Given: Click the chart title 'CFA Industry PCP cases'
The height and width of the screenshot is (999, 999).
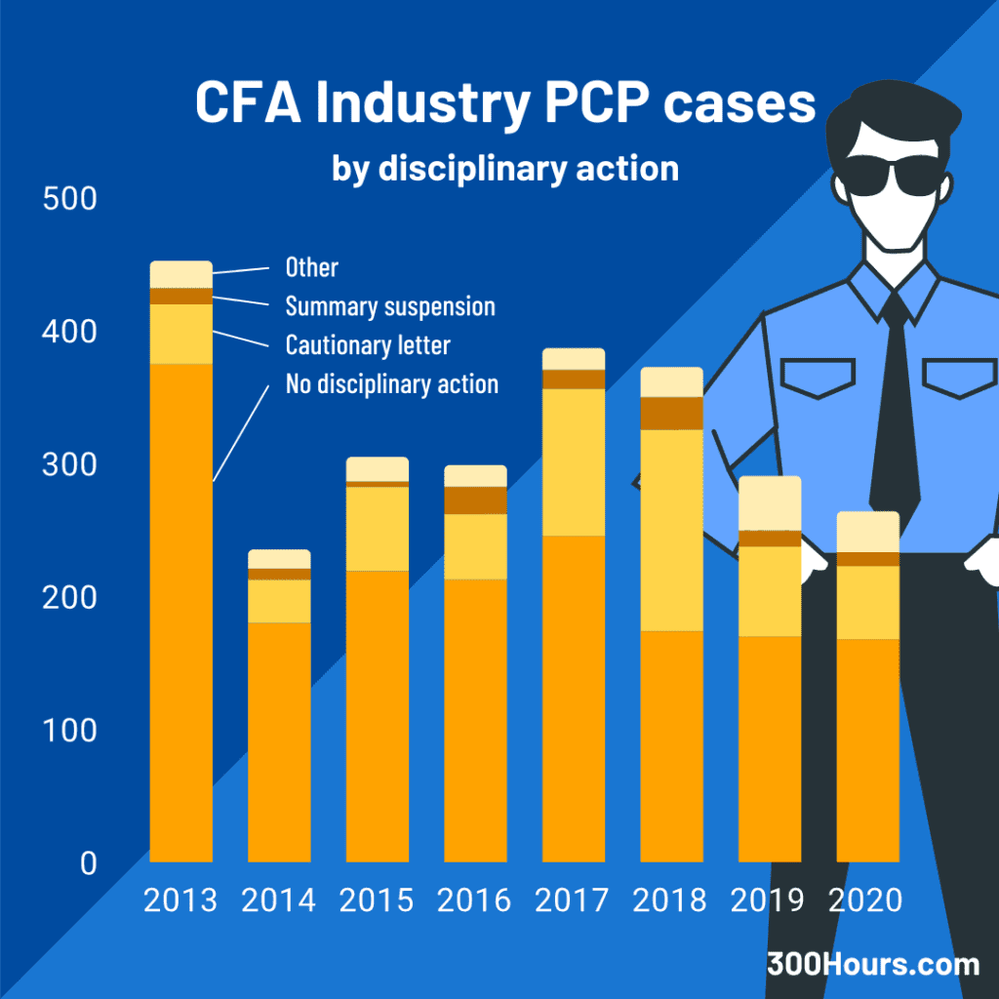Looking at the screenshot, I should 504,103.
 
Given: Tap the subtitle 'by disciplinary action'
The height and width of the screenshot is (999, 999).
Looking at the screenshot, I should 504,169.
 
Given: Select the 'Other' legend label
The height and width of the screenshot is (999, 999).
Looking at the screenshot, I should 311,267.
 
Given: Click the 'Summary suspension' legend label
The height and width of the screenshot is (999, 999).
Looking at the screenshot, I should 390,306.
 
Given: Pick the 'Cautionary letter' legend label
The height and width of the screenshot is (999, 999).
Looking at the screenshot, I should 368,345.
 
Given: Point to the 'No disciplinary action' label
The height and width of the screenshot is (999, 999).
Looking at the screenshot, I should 391,384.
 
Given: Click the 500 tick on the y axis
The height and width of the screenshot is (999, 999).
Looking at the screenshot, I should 71,199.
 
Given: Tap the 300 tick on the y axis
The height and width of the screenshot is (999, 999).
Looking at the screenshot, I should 71,465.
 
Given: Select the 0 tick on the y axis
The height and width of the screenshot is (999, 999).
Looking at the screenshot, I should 88,863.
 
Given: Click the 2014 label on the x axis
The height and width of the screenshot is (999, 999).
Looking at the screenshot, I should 279,900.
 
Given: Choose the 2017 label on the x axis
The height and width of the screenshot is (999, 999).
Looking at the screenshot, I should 574,900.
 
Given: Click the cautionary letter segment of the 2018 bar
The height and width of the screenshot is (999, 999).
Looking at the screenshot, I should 671,530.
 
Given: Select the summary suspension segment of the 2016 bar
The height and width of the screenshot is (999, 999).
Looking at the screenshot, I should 475,499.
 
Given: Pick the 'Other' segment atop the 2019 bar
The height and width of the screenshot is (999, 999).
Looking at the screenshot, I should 770,503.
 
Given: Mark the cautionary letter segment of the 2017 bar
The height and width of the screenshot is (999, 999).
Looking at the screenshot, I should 574,461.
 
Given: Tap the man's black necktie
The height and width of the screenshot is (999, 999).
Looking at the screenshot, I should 894,410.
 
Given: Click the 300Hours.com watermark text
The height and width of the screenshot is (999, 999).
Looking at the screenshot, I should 872,965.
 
